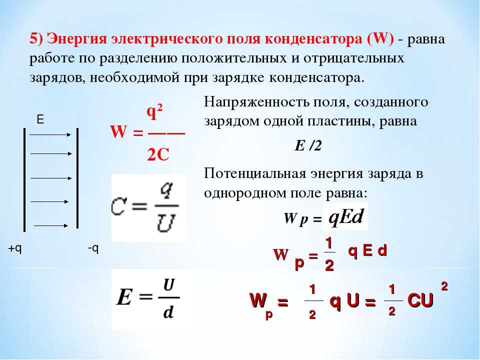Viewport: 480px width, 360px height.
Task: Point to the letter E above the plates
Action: coord(40,119)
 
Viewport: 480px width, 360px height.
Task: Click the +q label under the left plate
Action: coord(15,248)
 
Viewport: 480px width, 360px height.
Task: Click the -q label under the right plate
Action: coord(93,248)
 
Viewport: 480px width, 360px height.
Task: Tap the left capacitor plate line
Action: coord(24,180)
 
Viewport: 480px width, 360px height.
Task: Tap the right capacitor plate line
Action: coord(77,178)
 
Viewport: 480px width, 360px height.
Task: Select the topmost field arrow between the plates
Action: coord(50,134)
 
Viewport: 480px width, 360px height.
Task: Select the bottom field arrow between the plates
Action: coord(51,225)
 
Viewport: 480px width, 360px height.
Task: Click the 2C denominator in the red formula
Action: coord(158,155)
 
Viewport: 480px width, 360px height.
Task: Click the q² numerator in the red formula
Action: coord(154,112)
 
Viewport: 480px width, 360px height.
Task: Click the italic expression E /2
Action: coord(308,145)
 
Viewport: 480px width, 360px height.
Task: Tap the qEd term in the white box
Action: coord(346,217)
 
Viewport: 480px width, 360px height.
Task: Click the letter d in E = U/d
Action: coord(168,312)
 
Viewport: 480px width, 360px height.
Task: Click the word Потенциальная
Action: coord(255,174)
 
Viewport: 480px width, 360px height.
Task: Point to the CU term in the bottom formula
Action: coord(420,300)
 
